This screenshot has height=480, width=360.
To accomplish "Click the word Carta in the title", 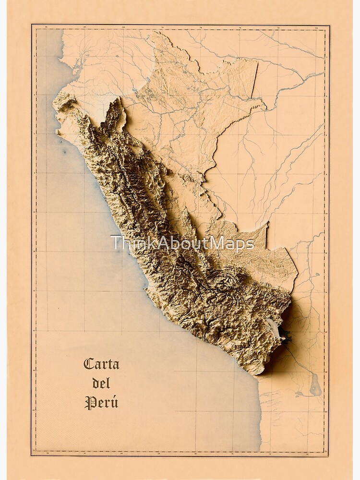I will click(x=101, y=364).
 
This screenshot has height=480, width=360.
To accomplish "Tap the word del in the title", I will click(x=101, y=383).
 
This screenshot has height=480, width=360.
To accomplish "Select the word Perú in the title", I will click(x=101, y=402).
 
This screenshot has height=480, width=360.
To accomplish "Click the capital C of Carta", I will click(x=89, y=364).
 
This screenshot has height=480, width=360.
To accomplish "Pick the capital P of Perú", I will click(x=89, y=402).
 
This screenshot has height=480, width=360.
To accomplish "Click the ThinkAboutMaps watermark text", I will click(x=182, y=243).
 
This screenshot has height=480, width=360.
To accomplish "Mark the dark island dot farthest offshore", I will click(x=64, y=152).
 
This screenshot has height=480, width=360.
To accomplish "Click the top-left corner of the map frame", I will click(x=32, y=25).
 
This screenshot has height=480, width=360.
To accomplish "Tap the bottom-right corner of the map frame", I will click(x=329, y=455).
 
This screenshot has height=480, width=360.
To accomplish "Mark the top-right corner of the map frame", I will click(x=329, y=25).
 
